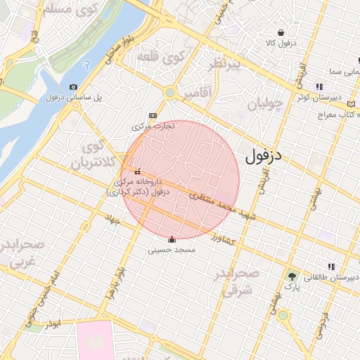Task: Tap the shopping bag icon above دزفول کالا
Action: click(x=281, y=32)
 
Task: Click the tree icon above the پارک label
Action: click(x=291, y=276)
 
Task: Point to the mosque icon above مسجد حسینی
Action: click(x=172, y=239)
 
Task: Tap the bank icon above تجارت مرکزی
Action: click(x=153, y=116)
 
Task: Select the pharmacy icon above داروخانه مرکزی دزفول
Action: click(x=137, y=171)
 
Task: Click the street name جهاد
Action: click(x=112, y=220)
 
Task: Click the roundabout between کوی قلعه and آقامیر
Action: click(x=169, y=92)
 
